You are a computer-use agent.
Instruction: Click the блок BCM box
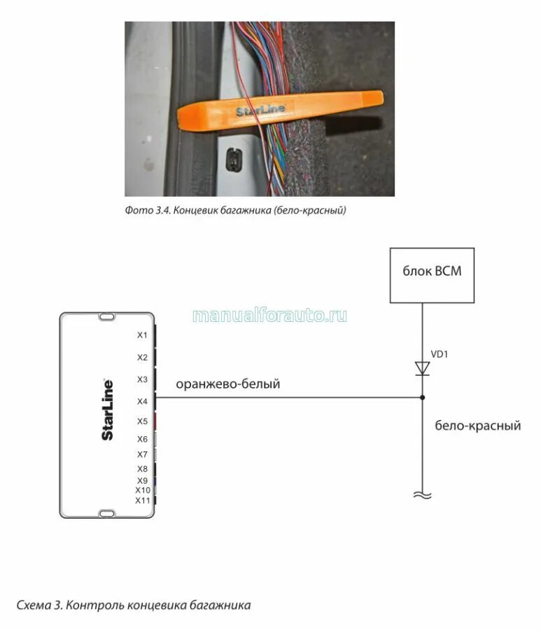[x=432, y=275]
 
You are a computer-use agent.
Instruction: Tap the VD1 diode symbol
[x=422, y=368]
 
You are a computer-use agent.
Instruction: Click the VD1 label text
[x=439, y=354]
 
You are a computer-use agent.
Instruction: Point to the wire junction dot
[x=422, y=398]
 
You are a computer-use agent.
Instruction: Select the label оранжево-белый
[x=227, y=384]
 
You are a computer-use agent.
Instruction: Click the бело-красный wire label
[x=477, y=425]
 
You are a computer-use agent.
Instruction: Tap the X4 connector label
[x=142, y=401]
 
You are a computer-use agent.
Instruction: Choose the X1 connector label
[x=142, y=335]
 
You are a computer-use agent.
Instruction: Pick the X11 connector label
[x=143, y=500]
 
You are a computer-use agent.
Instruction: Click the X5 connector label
[x=142, y=421]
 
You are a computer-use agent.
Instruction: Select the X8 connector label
[x=142, y=469]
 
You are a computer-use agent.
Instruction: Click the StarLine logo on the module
[x=108, y=409]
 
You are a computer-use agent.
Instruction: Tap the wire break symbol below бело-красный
[x=422, y=496]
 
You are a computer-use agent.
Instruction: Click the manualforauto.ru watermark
[x=269, y=316]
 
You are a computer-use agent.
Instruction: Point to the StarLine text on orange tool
[x=260, y=110]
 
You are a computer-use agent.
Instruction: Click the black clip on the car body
[x=233, y=159]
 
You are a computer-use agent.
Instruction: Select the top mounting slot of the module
[x=107, y=317]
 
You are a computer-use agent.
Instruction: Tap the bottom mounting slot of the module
[x=107, y=514]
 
